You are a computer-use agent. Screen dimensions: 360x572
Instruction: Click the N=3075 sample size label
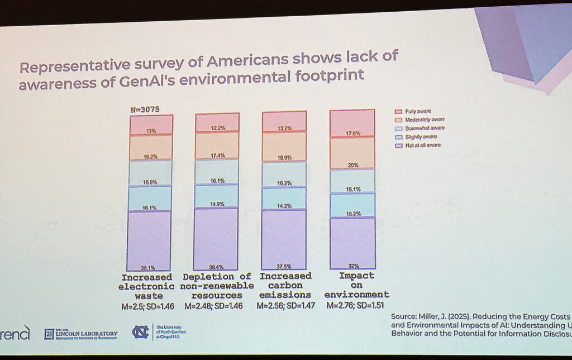click(145, 110)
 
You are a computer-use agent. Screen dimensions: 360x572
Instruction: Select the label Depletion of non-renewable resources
click(217, 286)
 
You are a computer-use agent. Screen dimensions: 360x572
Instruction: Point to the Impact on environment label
click(356, 286)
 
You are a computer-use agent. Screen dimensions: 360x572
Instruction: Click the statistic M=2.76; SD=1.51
click(356, 306)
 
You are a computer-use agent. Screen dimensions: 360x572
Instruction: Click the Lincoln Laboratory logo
click(82, 333)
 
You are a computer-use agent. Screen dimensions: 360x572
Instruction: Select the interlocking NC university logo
click(140, 332)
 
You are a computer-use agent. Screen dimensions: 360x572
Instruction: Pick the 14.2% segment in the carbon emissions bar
click(284, 198)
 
